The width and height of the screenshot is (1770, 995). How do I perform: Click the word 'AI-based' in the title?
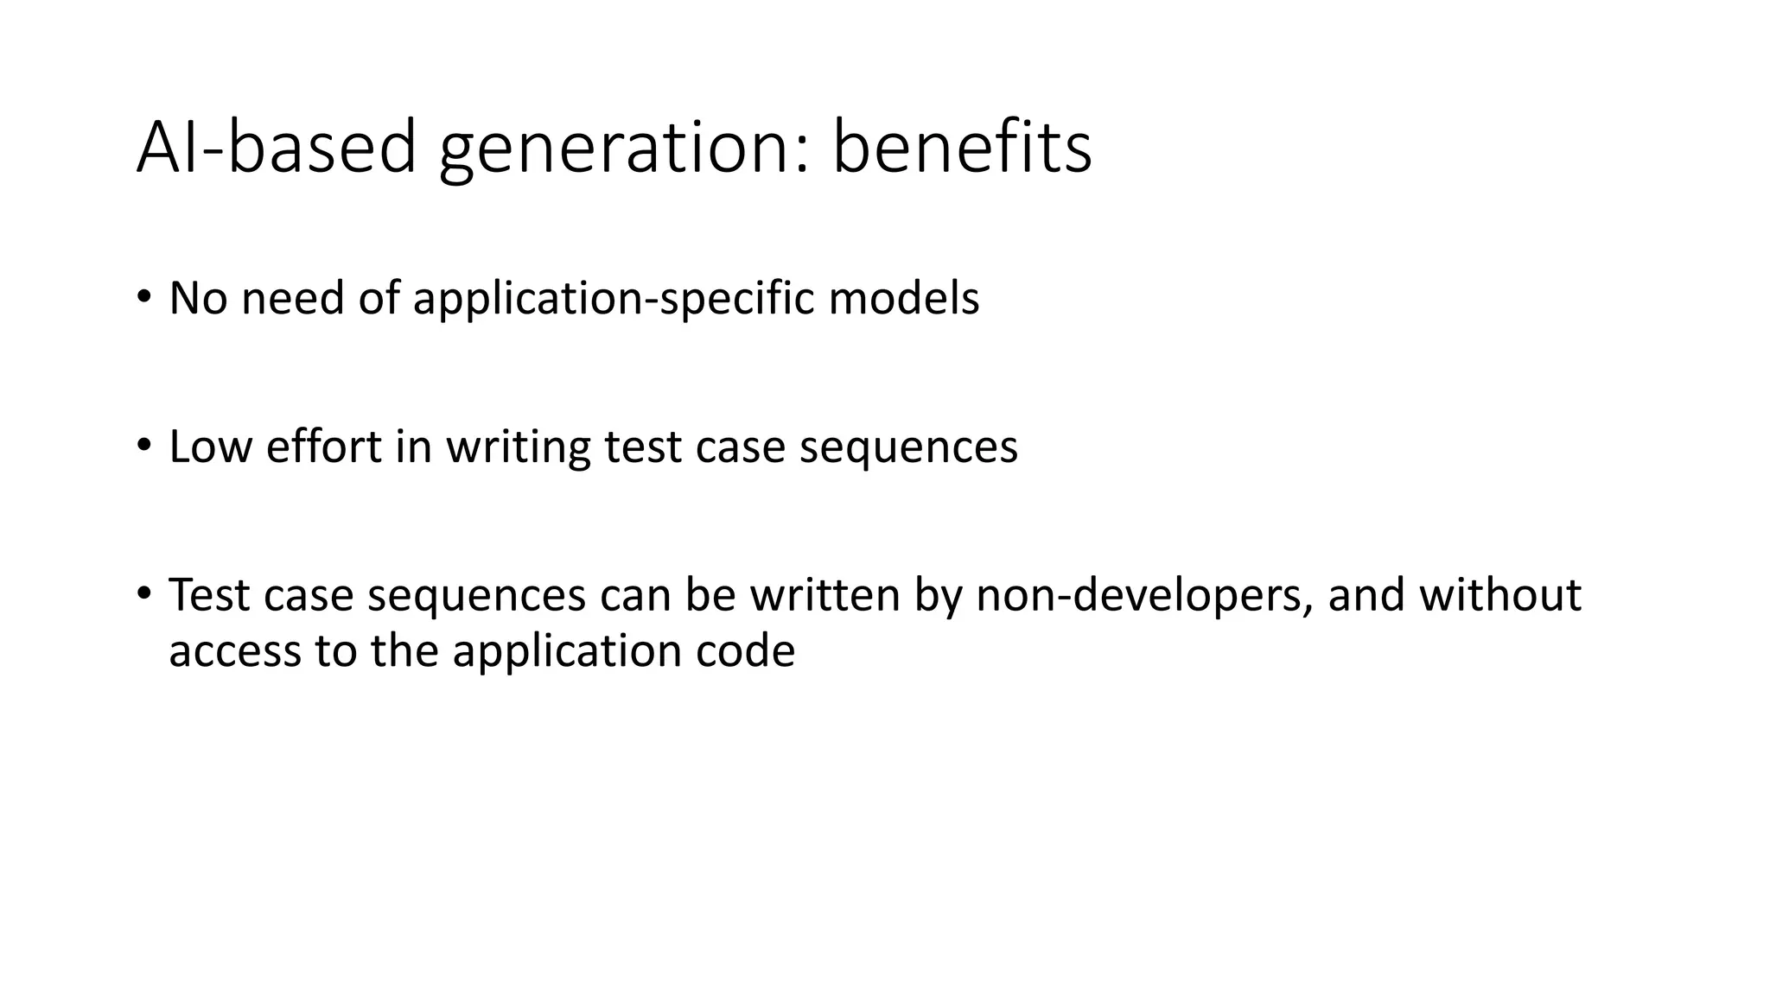pos(276,148)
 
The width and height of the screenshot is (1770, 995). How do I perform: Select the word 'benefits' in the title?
pos(961,148)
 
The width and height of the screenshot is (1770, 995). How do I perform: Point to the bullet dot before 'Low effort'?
pos(143,445)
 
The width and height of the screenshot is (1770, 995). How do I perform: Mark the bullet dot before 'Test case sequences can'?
pos(143,593)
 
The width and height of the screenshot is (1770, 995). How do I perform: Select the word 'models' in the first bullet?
pos(903,298)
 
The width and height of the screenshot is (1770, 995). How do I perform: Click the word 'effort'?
pos(323,447)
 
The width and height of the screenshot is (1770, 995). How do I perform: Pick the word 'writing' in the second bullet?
pos(518,447)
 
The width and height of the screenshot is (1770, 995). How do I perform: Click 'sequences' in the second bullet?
pos(908,447)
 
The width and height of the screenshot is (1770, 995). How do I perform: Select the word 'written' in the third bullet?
pos(825,595)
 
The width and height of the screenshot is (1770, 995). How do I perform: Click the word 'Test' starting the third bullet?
pos(208,595)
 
